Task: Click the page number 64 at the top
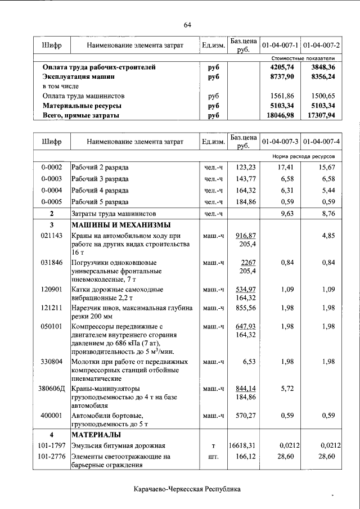point(188,24)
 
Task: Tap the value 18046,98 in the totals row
point(280,115)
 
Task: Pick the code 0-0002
point(51,168)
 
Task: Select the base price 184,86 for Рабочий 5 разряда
point(245,201)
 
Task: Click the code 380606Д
point(51,388)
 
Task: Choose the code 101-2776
point(51,456)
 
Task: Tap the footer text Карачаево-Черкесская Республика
point(187,489)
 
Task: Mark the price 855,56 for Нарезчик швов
point(245,308)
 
